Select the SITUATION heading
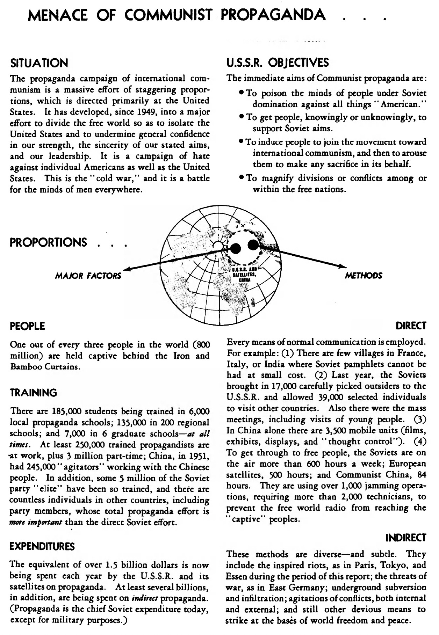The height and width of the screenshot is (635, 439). pyautogui.click(x=39, y=63)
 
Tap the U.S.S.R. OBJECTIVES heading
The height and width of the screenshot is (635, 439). pyautogui.click(x=278, y=63)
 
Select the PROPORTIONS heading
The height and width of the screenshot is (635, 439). pyautogui.click(x=48, y=242)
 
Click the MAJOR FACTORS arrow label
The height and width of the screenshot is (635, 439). pyautogui.click(x=88, y=276)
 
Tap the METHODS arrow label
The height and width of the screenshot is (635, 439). pyautogui.click(x=364, y=276)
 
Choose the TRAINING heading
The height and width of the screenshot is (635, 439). pyautogui.click(x=34, y=393)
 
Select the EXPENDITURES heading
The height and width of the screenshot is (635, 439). pyautogui.click(x=43, y=546)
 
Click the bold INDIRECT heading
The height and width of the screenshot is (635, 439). pyautogui.click(x=405, y=538)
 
